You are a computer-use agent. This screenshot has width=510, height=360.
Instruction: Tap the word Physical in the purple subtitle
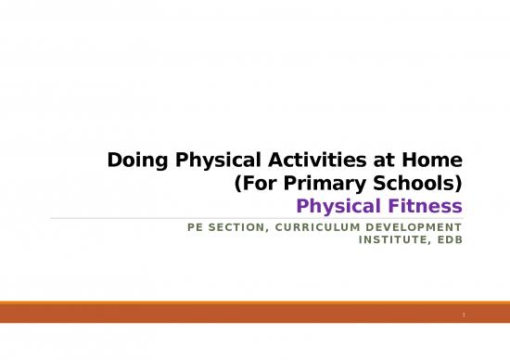pyautogui.click(x=353, y=205)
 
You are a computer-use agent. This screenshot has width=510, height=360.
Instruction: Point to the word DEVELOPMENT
pyautogui.click(x=414, y=226)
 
